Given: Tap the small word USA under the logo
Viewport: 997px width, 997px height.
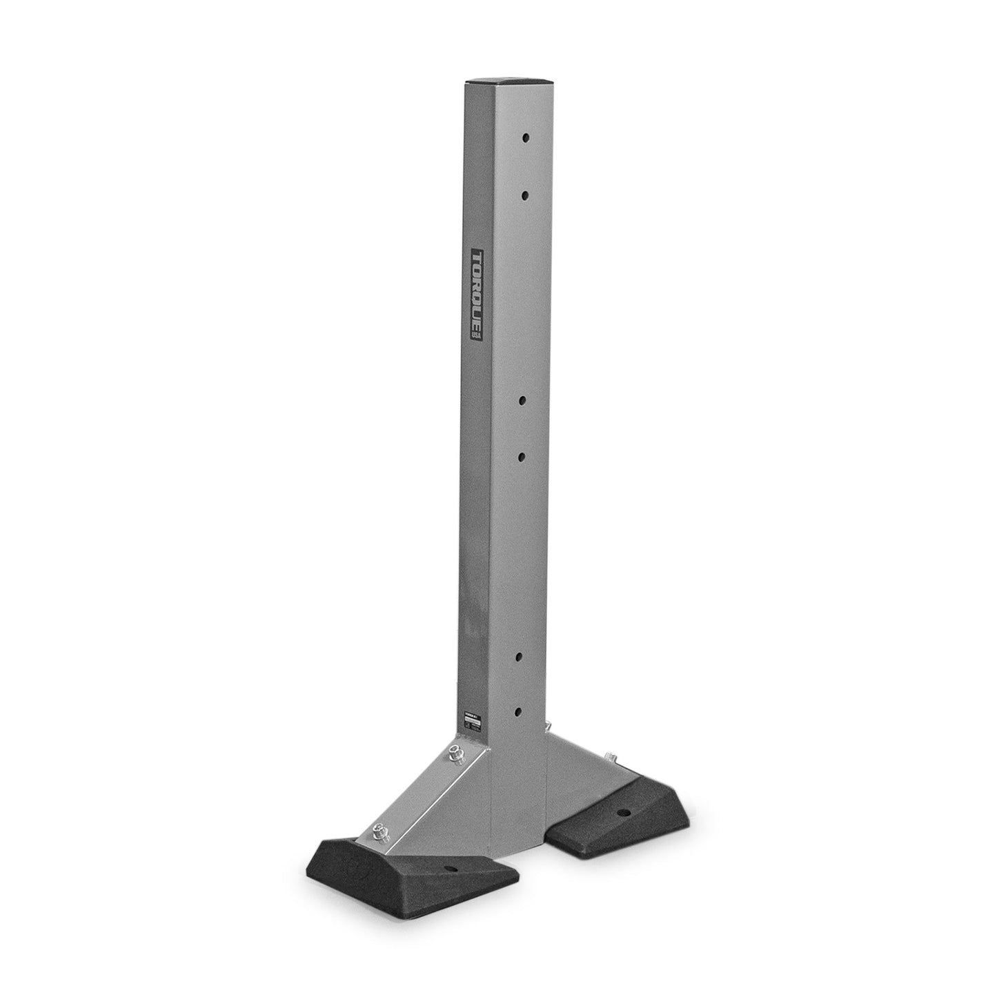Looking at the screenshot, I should pos(476,332).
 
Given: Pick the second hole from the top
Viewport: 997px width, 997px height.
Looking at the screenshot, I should pos(525,197).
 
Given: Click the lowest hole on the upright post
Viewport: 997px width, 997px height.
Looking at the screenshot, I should pos(520,710).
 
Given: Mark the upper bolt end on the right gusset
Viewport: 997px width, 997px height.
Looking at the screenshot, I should pos(548,726).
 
